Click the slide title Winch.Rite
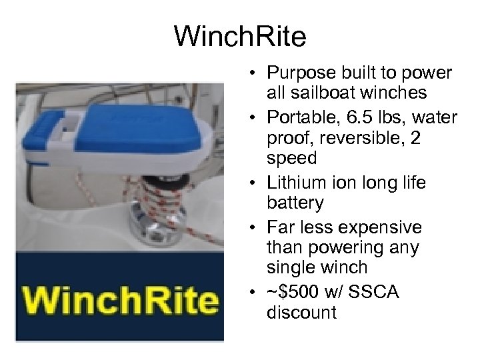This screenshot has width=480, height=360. pos(240,37)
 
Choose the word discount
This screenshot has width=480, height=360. pos(301,312)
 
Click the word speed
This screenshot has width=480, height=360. pos(291,158)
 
